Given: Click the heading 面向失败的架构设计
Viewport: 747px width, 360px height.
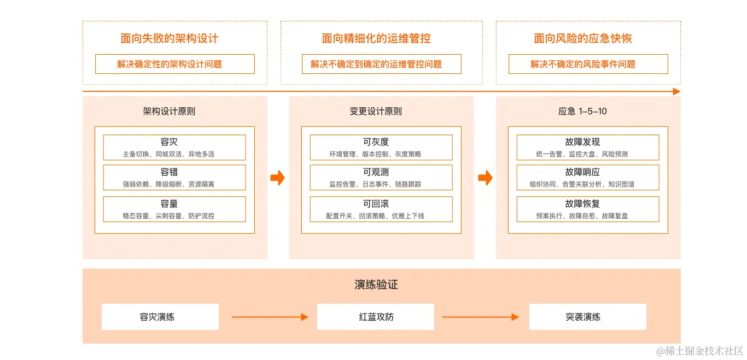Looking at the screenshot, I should point(170,38).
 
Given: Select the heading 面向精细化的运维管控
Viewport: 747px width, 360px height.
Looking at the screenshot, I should point(376,38).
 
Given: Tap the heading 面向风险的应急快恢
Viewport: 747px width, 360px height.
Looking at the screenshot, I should point(583,38).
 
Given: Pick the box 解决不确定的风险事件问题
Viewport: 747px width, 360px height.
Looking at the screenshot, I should point(588,64).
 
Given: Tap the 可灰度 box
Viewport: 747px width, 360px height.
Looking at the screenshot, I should point(381,147).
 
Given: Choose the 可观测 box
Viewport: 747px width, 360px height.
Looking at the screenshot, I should point(381,177).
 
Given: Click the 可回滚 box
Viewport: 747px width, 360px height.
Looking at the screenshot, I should point(381,209).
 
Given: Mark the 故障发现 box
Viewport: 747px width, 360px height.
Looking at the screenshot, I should point(588,147).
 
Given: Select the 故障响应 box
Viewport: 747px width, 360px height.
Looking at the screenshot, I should point(588,177).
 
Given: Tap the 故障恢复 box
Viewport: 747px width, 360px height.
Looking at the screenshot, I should point(588,209).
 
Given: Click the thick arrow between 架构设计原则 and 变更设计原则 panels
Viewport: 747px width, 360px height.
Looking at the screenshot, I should point(278,178).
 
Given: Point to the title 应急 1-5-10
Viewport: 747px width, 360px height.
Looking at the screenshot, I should point(582,111).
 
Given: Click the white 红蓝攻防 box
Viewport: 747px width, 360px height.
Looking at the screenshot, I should point(376,317).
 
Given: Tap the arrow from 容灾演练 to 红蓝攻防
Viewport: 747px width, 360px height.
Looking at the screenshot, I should point(270,317).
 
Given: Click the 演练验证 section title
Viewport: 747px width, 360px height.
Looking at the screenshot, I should point(376,285).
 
